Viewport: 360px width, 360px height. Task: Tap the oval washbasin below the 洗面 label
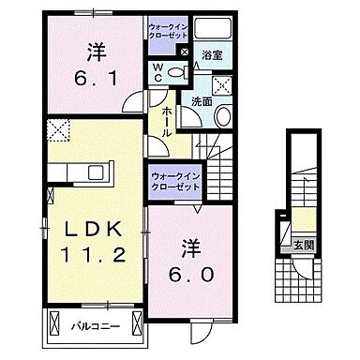[x=223, y=117]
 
